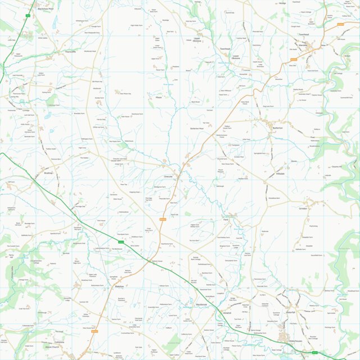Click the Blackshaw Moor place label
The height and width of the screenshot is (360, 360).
click(x=44, y=9)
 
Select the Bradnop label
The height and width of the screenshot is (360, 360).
click(x=48, y=173)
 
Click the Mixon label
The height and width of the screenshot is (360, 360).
click(x=158, y=97)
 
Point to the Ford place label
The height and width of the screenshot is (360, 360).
click(x=226, y=220)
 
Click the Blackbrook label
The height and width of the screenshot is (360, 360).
click(x=202, y=304)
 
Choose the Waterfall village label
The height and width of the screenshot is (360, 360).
click(x=290, y=311)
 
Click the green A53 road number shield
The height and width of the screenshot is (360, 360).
click(x=28, y=16)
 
